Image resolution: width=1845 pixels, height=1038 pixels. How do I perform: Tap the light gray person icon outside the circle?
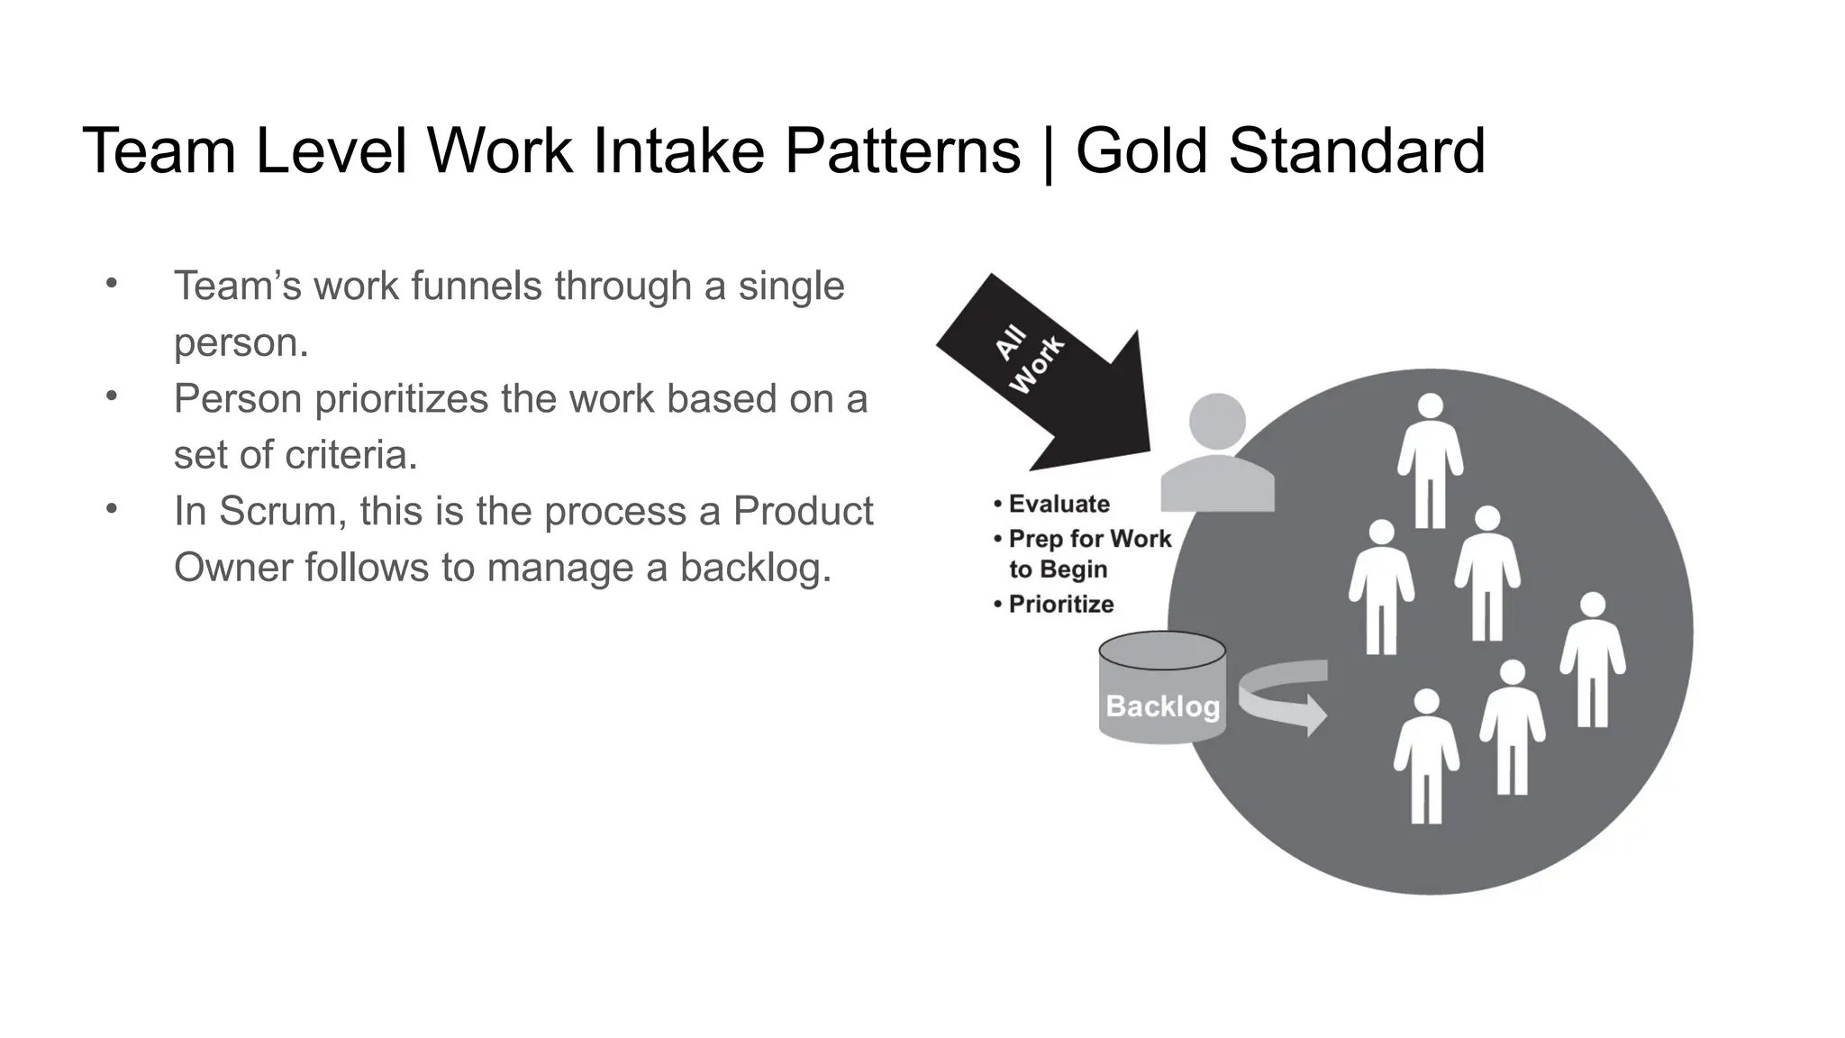[1217, 455]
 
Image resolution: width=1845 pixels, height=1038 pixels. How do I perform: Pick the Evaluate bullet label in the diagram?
[1059, 504]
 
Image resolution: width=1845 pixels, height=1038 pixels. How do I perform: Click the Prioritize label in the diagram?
[1060, 604]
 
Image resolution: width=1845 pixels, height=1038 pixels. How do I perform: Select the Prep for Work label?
[1089, 539]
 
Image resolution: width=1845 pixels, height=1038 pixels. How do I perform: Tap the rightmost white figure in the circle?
[1593, 660]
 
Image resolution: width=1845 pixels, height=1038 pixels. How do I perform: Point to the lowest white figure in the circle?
[1426, 757]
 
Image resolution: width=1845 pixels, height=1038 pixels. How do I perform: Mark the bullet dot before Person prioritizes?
[112, 396]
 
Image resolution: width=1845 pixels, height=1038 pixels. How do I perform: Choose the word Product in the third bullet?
[802, 511]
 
